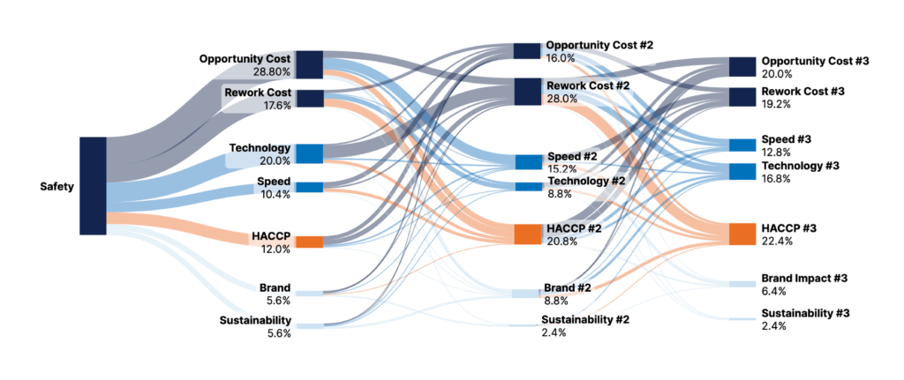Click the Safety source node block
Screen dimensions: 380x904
coord(93,186)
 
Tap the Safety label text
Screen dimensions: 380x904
coord(57,187)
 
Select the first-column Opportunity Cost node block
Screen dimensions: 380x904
coord(309,64)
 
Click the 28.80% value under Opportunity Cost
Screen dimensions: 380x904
coord(272,71)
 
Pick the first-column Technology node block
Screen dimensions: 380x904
coord(309,153)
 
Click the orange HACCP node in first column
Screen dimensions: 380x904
coord(309,242)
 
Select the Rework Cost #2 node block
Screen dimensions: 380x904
coord(526,91)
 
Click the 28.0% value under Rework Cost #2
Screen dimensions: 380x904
coord(562,99)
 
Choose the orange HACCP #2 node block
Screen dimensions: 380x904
coord(526,234)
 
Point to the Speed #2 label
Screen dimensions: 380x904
coord(572,156)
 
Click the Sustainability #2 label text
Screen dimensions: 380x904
coord(585,320)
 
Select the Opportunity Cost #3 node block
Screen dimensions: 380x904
coord(742,67)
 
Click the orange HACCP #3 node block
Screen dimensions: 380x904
coord(742,234)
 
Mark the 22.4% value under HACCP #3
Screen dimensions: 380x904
coord(777,241)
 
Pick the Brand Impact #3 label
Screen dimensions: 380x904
coord(804,279)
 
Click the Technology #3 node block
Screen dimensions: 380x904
coord(742,171)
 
